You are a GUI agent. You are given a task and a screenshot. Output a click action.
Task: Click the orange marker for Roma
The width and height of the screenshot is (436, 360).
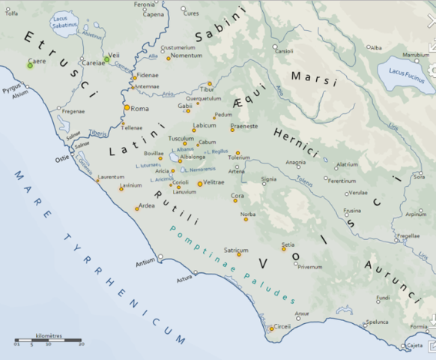pos(127,108)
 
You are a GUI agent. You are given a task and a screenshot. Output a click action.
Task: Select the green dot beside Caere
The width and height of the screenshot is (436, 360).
pos(30,66)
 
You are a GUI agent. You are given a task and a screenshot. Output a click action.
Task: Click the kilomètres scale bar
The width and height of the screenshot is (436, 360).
pos(49,340)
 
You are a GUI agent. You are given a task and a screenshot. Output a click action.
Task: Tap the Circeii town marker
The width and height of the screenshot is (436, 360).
pos(271,328)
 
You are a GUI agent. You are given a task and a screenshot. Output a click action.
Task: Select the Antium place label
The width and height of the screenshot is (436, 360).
pos(145,262)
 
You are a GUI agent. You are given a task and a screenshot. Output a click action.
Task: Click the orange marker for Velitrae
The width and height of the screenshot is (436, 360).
pos(199,182)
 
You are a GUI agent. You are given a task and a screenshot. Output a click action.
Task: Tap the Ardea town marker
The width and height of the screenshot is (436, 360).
pos(136,208)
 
